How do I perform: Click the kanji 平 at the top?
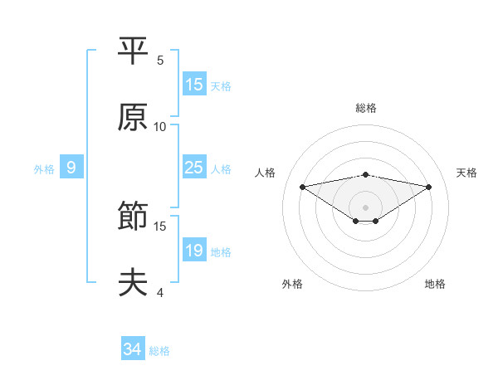tap(134, 51)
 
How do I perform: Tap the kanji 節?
tap(134, 217)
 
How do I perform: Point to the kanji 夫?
tap(134, 283)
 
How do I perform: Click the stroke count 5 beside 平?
tap(160, 61)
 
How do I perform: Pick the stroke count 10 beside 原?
tap(160, 127)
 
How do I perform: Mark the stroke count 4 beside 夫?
tap(160, 293)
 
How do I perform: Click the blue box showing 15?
tap(193, 85)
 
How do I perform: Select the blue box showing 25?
tap(193, 168)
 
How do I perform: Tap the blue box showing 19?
tap(193, 251)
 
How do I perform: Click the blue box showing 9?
tap(71, 168)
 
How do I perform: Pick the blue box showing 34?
tap(133, 349)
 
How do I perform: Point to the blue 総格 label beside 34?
tap(159, 351)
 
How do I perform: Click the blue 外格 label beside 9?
tap(44, 168)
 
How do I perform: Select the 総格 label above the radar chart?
tap(366, 108)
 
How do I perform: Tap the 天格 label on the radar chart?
tap(466, 173)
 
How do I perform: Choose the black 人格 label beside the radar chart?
tap(266, 173)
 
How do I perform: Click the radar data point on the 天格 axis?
tap(429, 187)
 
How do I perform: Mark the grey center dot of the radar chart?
tap(366, 207)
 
